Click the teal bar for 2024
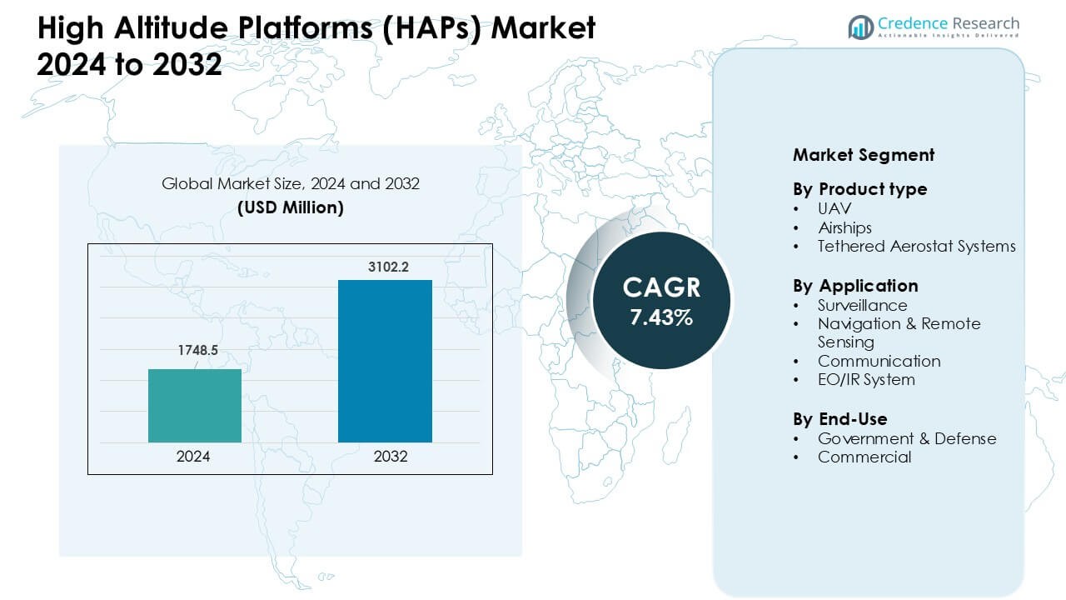tap(195, 406)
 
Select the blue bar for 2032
tap(385, 361)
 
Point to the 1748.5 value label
tap(198, 351)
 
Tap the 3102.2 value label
tap(388, 267)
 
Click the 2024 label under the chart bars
tap(193, 457)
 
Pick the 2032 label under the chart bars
tap(391, 457)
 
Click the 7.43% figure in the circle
tap(661, 317)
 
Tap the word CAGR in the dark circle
tap(661, 287)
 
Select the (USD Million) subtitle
tap(291, 207)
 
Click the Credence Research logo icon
tap(861, 27)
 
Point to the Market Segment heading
tap(864, 155)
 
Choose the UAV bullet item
tap(834, 208)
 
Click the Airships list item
tap(844, 227)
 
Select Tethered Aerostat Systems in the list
tap(917, 247)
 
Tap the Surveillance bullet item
tap(862, 305)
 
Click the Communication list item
tap(879, 362)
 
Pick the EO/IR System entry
tap(866, 380)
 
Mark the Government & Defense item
tap(907, 438)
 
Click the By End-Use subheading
tap(840, 419)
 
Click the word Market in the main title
tap(543, 27)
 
